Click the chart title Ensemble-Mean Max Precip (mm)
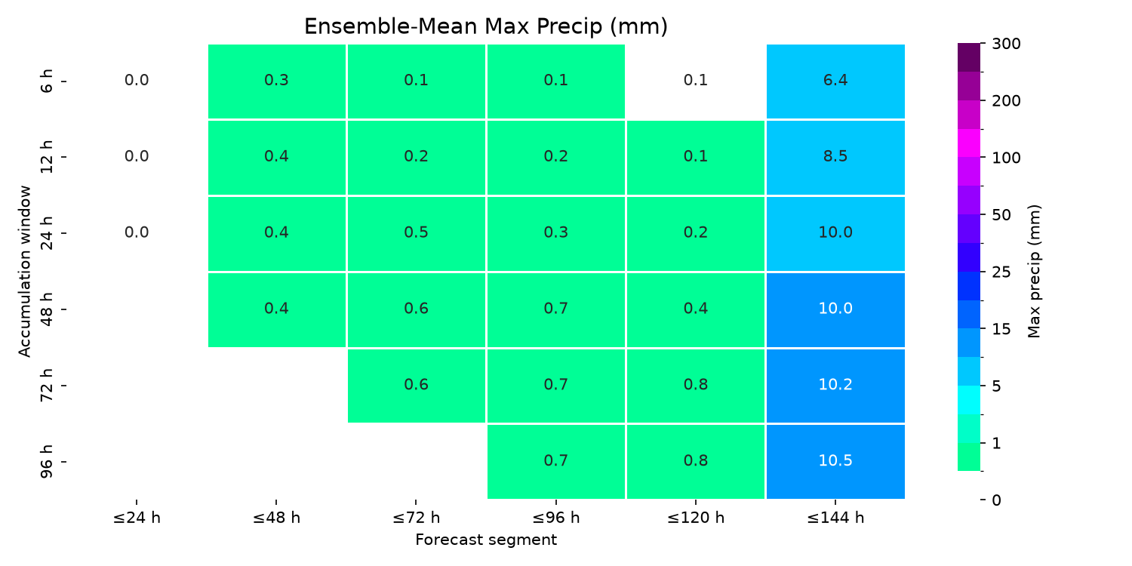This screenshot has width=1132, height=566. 486,26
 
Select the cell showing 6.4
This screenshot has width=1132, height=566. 835,82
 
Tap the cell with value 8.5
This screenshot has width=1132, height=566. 835,158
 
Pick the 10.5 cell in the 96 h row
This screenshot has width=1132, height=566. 835,462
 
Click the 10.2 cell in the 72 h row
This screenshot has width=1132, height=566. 835,386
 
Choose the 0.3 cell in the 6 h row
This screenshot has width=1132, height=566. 277,82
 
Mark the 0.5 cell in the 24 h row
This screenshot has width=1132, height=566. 417,233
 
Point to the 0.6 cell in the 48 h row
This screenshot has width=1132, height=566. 417,309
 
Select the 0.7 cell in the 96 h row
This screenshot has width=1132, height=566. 556,462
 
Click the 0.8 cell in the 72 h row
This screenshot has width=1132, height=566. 696,386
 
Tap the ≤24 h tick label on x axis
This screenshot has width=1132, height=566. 137,518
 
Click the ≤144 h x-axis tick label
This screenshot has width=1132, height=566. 835,518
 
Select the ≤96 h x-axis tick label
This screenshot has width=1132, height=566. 556,518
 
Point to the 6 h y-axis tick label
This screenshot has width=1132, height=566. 47,82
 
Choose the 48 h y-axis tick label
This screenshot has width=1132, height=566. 47,309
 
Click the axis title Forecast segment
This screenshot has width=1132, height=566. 486,540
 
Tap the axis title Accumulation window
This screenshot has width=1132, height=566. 24,272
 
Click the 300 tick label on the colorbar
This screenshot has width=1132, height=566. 1006,44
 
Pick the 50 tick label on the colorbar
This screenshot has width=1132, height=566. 1001,215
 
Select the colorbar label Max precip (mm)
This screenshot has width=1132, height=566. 1034,272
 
